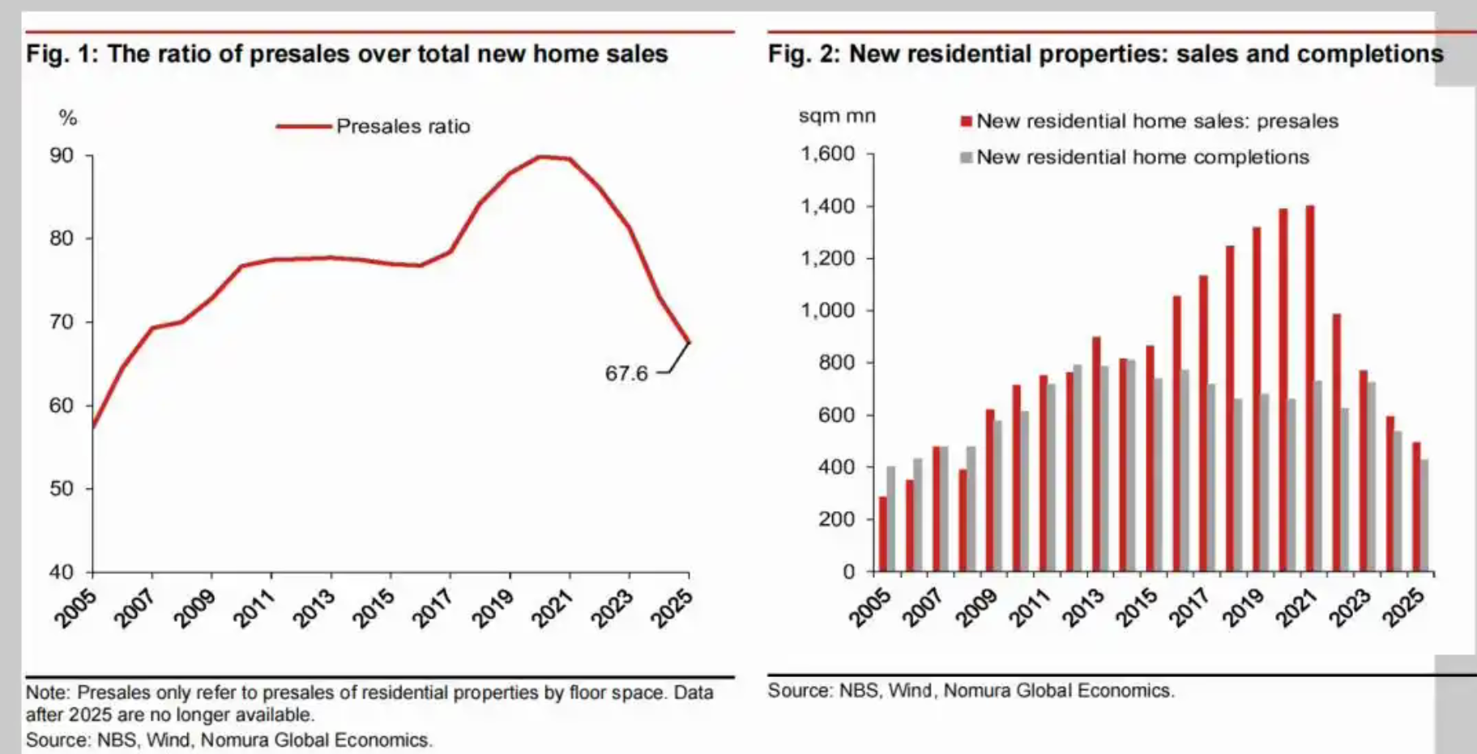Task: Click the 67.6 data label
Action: (626, 373)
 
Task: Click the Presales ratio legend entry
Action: (374, 126)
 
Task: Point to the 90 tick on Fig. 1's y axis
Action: (62, 155)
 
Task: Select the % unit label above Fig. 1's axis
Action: (68, 118)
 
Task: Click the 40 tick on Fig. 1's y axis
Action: (62, 572)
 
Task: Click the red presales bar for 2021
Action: (1310, 389)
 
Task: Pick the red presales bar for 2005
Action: (883, 535)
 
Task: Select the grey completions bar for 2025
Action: (1424, 516)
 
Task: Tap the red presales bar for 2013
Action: (1096, 454)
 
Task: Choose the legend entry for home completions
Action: (1134, 157)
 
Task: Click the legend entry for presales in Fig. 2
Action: (1149, 121)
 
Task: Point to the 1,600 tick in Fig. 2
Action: (828, 154)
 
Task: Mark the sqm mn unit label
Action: (837, 117)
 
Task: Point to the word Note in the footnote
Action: (47, 692)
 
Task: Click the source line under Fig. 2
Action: (971, 691)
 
